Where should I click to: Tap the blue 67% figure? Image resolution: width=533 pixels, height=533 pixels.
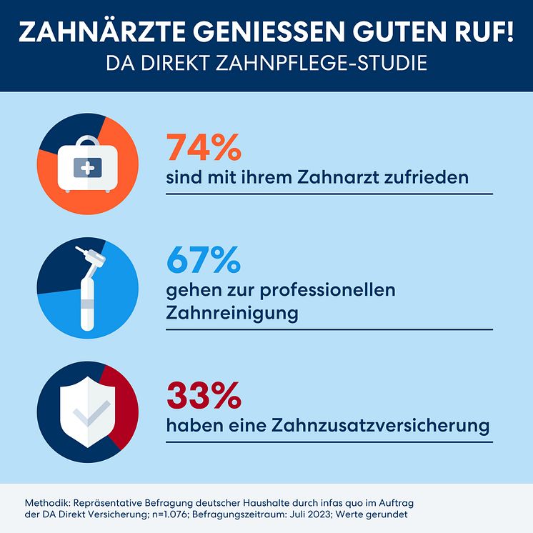click(x=204, y=261)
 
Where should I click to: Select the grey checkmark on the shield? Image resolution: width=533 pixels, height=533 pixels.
click(x=91, y=413)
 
